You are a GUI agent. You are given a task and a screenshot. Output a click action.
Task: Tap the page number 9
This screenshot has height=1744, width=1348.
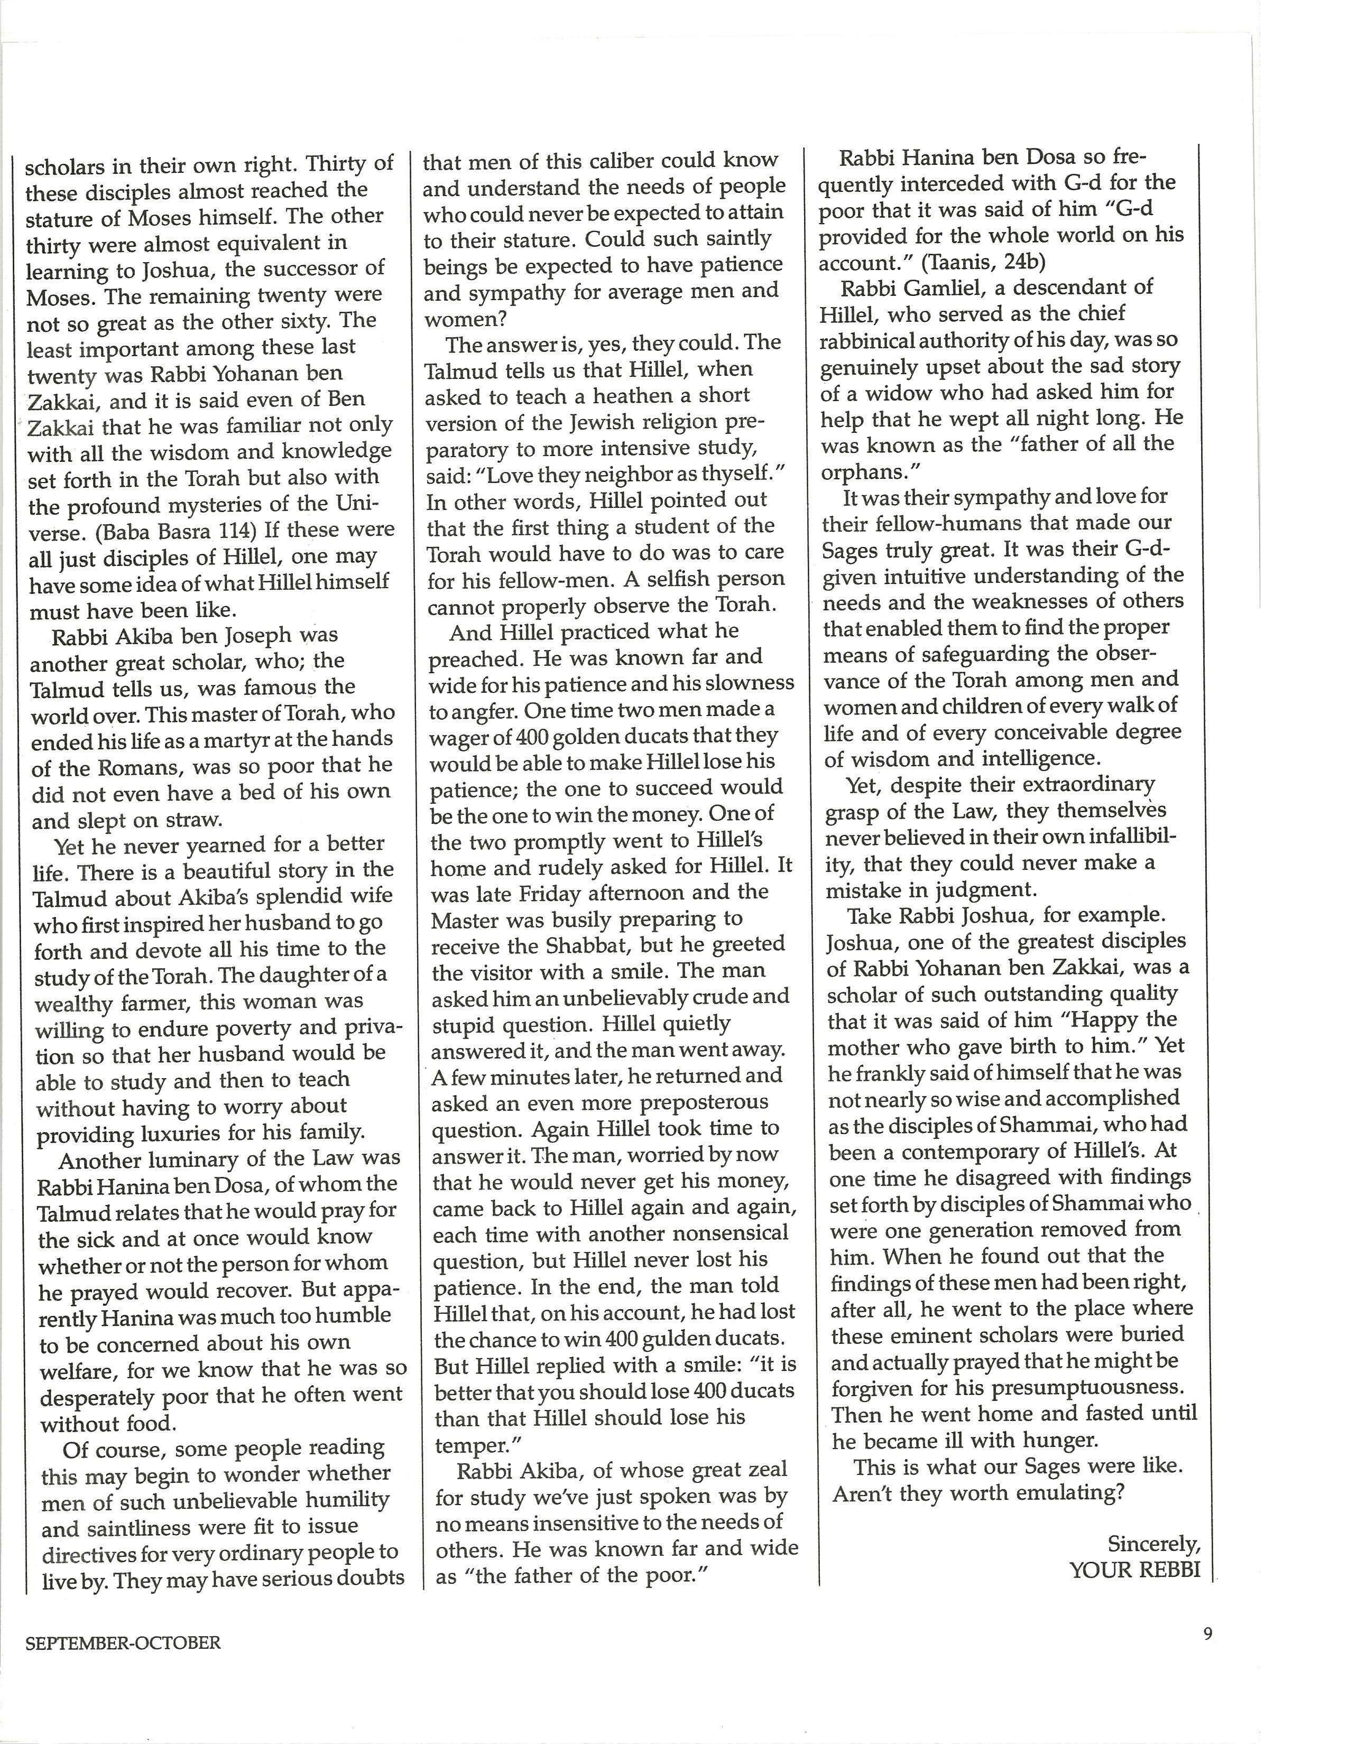(x=1207, y=1633)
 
